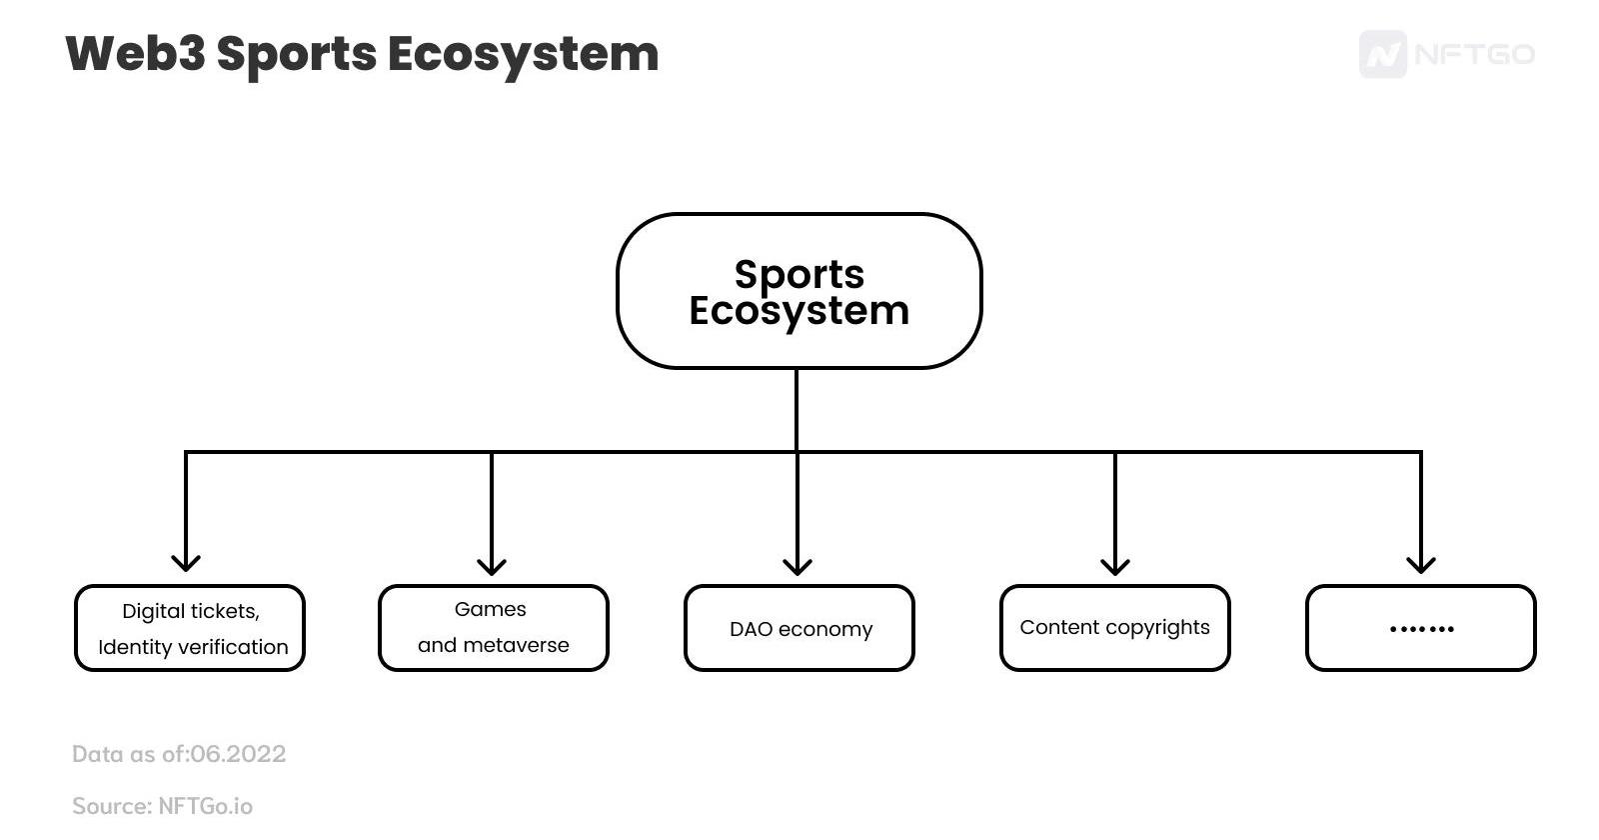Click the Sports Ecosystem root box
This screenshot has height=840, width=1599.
tap(799, 291)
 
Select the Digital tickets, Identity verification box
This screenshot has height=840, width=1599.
tap(190, 628)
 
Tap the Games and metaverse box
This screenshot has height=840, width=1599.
tap(493, 628)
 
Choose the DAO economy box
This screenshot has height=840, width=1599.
tap(799, 628)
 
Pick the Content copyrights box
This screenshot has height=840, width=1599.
tap(1114, 628)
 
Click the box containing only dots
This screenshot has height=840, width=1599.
tap(1420, 628)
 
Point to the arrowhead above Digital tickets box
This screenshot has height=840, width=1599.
tap(186, 562)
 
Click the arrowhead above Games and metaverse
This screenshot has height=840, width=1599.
tap(492, 566)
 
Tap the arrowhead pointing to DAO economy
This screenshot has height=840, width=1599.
tap(797, 566)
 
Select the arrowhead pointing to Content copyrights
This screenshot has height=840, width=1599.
tap(1115, 566)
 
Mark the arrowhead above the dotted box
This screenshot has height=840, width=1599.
tap(1421, 564)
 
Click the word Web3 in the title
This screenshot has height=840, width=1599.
tap(135, 54)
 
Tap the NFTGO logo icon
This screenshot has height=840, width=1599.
tap(1382, 54)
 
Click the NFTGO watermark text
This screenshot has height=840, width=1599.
tap(1475, 54)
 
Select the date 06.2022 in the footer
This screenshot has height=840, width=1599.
tap(238, 754)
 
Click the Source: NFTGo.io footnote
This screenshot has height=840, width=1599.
tap(162, 806)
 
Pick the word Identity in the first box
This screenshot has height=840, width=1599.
tap(134, 647)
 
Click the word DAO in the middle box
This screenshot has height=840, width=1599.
tap(751, 629)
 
